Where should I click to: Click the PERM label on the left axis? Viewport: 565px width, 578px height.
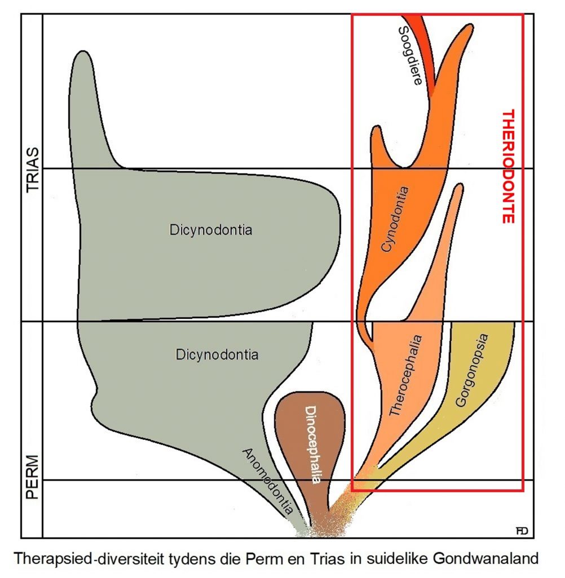tap(33, 478)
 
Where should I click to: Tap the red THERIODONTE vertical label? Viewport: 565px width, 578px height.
tap(509, 166)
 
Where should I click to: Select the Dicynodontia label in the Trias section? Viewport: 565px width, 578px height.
tap(210, 230)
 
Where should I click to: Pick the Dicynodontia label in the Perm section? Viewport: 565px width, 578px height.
tap(217, 355)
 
